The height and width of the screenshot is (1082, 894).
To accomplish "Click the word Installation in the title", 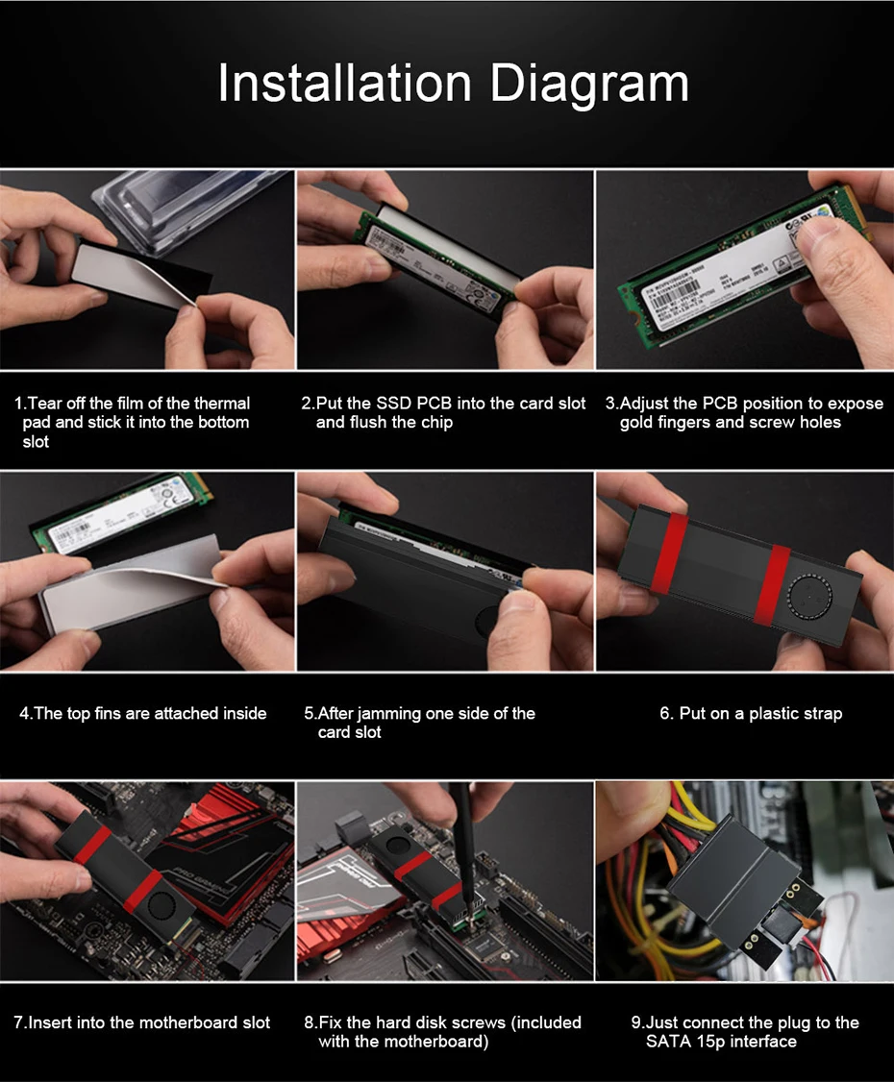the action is [344, 83].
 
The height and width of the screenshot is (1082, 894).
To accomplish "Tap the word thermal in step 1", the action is [222, 403].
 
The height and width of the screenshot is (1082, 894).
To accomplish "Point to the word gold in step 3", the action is [635, 423].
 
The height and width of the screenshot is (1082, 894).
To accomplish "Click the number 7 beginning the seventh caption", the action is [18, 1022].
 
